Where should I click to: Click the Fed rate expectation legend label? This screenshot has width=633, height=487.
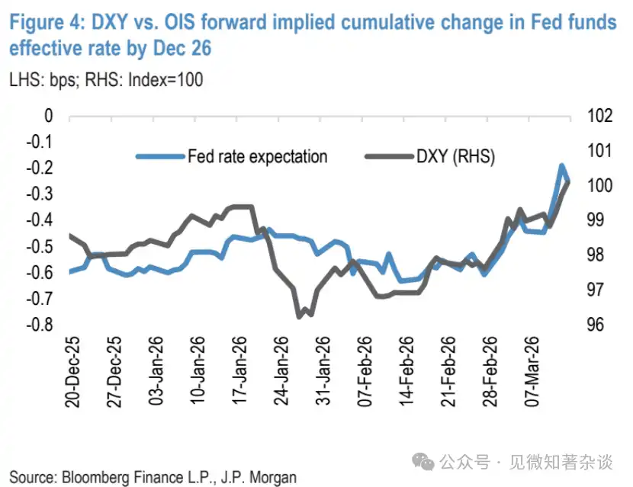pos(257,157)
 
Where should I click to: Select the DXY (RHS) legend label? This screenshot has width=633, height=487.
pos(455,157)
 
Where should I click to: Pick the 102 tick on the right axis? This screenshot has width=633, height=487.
pos(598,116)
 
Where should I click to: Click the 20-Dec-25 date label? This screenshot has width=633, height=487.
pos(73,373)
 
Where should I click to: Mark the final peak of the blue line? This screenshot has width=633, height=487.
pos(561,165)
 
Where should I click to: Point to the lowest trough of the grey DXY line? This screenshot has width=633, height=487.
pos(300,316)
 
